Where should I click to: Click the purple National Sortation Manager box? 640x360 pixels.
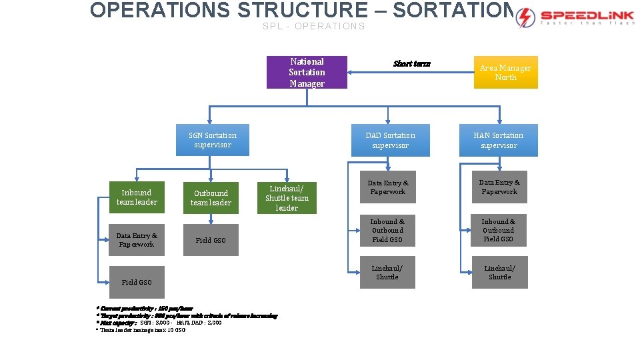[x=307, y=72]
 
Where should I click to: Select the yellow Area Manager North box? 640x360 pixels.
[x=505, y=72]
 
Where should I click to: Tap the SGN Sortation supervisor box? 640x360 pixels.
[x=212, y=140]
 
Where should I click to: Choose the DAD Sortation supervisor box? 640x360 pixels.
[x=390, y=140]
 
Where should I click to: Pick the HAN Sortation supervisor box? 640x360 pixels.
[x=499, y=140]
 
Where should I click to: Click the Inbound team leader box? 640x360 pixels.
[x=137, y=197]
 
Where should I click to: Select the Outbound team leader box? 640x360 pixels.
[x=211, y=198]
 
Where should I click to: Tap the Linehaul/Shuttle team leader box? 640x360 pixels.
[x=287, y=198]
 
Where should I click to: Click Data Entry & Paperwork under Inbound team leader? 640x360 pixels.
[x=136, y=240]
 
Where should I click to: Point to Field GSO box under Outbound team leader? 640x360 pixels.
[x=211, y=240]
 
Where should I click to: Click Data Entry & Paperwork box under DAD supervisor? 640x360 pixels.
[x=387, y=187]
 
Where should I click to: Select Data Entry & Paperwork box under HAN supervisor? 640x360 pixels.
[x=499, y=187]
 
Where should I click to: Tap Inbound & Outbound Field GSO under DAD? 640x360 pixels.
[x=387, y=230]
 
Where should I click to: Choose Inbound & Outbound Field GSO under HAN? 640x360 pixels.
[x=499, y=230]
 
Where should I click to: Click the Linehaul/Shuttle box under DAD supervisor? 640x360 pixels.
[x=387, y=273]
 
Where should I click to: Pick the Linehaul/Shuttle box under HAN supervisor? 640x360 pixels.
[x=499, y=273]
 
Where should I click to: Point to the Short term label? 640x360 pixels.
[x=412, y=64]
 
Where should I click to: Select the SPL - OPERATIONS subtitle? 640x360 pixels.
[x=313, y=26]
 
